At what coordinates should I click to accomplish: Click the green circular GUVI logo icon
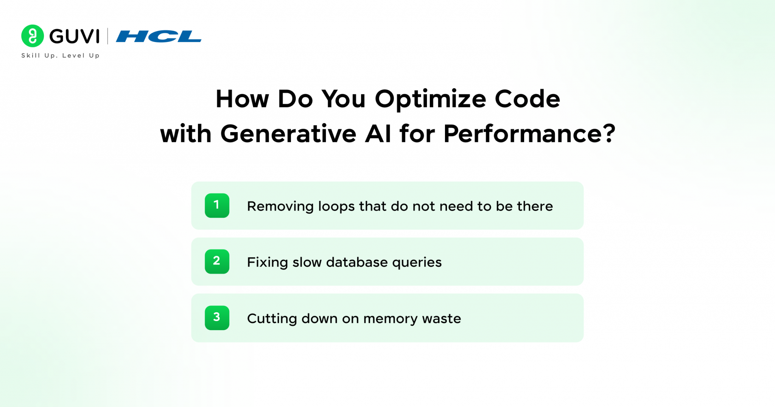click(33, 36)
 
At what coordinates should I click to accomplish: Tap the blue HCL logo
click(159, 36)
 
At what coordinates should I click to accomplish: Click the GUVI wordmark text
click(75, 36)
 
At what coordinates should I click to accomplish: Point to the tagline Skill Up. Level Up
click(61, 56)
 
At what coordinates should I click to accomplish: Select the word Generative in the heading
click(288, 134)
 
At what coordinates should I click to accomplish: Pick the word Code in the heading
click(528, 99)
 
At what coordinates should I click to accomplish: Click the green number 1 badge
click(217, 206)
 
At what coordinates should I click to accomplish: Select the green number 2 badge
click(217, 262)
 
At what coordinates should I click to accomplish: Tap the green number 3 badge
click(217, 318)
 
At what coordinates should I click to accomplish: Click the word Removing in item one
click(280, 207)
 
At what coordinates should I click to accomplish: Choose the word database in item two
click(357, 262)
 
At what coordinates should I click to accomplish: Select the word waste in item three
click(442, 319)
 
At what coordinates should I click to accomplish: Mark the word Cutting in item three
click(272, 319)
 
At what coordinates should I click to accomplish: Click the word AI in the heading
click(378, 134)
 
